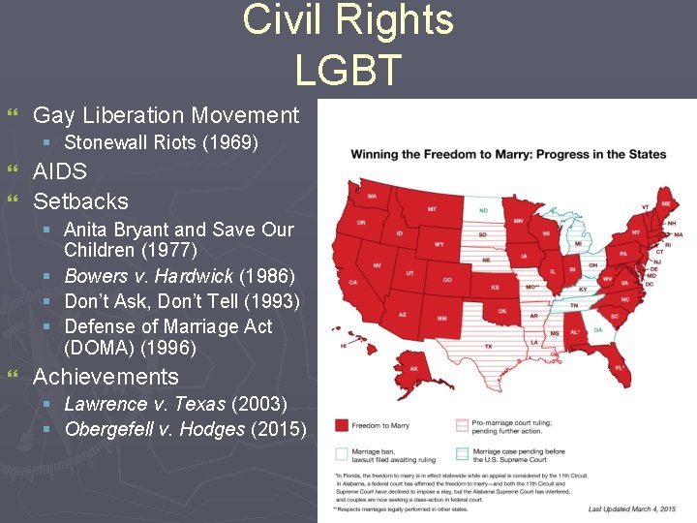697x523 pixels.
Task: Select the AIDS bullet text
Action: tap(60, 171)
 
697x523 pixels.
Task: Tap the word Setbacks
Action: tap(80, 201)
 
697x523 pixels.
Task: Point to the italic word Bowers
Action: tap(96, 277)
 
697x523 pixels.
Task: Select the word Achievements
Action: tap(106, 377)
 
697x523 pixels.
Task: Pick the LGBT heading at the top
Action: tap(348, 70)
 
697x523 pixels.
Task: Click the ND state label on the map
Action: tap(482, 211)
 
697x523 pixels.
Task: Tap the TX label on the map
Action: tap(488, 346)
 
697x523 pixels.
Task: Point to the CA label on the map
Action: tap(353, 282)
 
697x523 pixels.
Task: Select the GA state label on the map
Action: tap(596, 329)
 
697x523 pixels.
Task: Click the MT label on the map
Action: tap(432, 209)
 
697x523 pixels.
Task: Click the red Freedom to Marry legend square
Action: tap(342, 425)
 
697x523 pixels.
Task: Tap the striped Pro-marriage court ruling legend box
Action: tap(462, 425)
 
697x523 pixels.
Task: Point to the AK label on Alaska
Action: tap(414, 368)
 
